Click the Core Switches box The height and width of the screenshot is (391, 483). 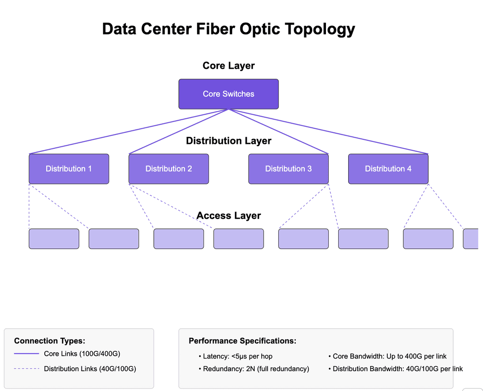pos(228,94)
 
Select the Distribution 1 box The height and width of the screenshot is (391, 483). pos(69,169)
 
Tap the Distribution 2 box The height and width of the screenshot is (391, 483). pos(168,169)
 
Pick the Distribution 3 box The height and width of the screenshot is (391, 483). pos(288,169)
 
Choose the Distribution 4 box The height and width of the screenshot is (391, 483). pos(388,169)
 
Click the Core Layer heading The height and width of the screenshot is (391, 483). pos(228,66)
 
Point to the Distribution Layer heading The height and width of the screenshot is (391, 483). pos(228,141)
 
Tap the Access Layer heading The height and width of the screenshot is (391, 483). pos(228,216)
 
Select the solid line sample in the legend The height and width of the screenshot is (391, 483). pos(26,354)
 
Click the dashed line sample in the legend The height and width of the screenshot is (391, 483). pos(26,369)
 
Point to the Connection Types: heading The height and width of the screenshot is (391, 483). pos(50,341)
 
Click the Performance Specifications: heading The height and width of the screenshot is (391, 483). pos(242,341)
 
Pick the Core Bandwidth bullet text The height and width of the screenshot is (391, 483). pos(390,356)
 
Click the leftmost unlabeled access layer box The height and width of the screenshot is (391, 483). pos(54,239)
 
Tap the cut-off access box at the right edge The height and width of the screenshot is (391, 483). pos(471,239)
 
